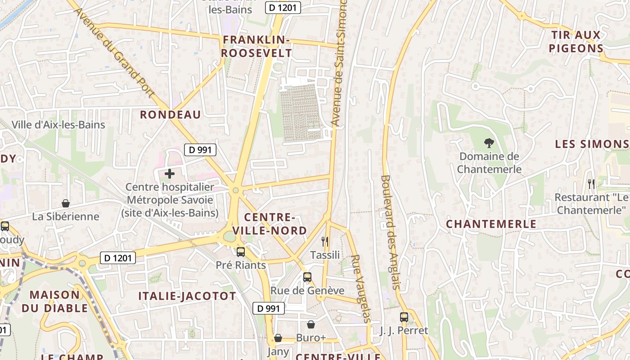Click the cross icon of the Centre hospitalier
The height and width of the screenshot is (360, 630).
[170, 174]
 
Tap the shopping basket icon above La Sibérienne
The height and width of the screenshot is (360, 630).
[66, 203]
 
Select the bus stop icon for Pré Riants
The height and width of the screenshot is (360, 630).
[241, 252]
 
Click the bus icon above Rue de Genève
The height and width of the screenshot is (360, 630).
[307, 277]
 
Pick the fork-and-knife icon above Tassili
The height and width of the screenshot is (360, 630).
[325, 242]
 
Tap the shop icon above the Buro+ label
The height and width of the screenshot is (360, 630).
[311, 324]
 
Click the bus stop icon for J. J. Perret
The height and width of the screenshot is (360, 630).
[404, 317]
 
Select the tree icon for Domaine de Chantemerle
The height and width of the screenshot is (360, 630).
[489, 144]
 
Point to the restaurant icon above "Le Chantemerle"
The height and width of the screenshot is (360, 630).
[591, 184]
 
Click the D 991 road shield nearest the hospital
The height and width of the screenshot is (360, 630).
[200, 150]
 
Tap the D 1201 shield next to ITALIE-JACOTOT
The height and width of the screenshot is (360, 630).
[117, 258]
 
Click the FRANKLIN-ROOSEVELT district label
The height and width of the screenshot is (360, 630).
[256, 46]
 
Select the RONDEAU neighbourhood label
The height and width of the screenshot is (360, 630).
[170, 115]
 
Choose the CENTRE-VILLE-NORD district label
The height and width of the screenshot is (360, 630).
[275, 224]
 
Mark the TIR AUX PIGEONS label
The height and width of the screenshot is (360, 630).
[576, 42]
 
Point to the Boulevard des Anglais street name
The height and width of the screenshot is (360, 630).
[390, 232]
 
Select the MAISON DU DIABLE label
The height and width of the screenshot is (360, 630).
[54, 301]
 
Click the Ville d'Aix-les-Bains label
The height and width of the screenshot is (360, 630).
[58, 125]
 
